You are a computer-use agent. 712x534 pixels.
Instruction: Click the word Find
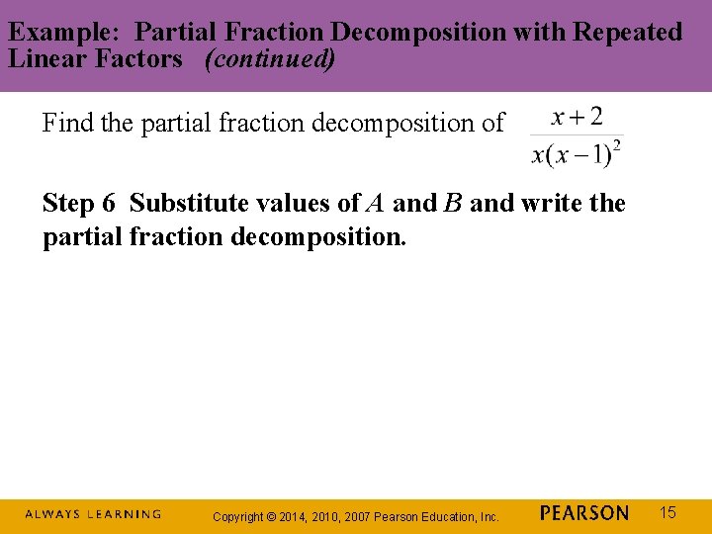67,124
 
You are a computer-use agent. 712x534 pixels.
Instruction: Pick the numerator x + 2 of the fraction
577,118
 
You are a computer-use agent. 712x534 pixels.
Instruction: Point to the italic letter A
375,204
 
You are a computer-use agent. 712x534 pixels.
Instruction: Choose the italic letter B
453,204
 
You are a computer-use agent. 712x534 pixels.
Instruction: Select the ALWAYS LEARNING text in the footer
93,514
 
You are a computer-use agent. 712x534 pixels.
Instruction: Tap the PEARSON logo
584,513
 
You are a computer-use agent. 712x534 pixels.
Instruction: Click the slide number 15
667,512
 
